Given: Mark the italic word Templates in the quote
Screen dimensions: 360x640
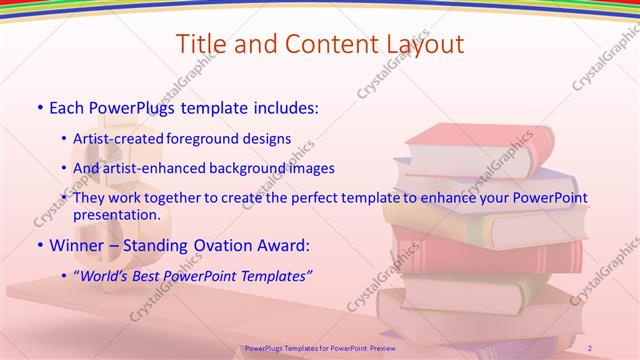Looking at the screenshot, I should pos(275,274).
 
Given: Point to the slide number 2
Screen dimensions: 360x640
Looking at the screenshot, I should pos(589,347).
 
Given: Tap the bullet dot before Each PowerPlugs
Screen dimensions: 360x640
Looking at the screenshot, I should pos(39,106).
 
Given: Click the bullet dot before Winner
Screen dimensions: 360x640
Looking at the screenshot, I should pos(39,245).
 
